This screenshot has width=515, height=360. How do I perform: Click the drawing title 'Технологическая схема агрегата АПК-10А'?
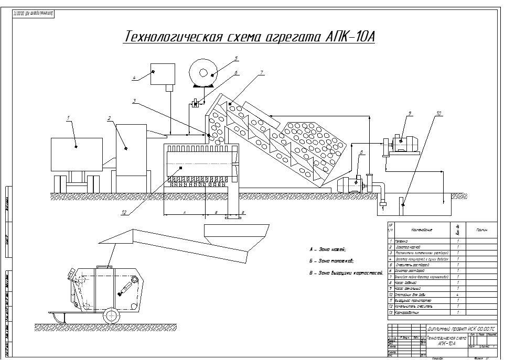tap(249, 38)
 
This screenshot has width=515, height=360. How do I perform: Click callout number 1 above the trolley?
tap(68, 118)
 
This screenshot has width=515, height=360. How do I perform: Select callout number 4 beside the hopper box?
tap(134, 78)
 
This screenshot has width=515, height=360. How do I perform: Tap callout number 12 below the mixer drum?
tap(124, 212)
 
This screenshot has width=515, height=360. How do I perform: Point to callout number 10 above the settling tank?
tap(439, 113)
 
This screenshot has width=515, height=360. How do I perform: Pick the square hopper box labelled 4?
tap(162, 74)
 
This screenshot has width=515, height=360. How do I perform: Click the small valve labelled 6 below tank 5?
tap(195, 104)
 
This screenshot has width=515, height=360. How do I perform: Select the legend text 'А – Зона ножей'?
tap(328, 249)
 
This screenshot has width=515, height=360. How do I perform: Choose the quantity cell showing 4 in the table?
tap(458, 294)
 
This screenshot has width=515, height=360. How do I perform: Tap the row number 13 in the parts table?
tap(390, 313)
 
